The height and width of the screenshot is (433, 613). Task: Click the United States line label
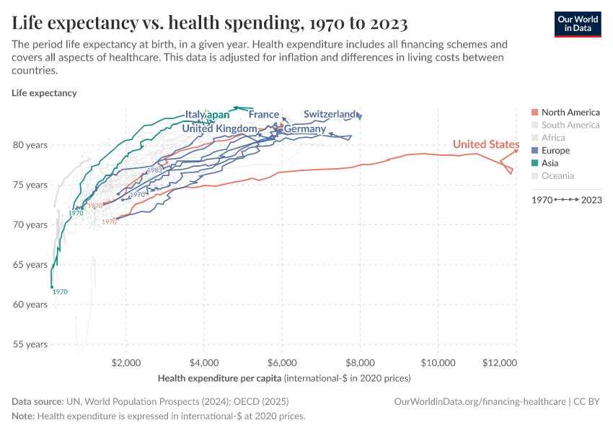point(485,145)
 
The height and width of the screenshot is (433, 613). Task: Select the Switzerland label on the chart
point(330,114)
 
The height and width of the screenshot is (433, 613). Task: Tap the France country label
point(264,115)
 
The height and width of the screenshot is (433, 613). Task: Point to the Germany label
point(305,129)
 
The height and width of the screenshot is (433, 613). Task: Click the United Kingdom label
point(219,128)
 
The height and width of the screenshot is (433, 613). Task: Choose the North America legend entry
point(570,113)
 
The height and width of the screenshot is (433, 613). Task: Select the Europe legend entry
point(555,151)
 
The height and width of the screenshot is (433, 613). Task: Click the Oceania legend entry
point(557,176)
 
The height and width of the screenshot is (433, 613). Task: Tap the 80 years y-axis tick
point(30,145)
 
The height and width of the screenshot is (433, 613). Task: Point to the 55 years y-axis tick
point(30,344)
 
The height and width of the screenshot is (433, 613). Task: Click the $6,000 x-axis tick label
point(282,362)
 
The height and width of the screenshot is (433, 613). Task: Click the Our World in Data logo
point(577,23)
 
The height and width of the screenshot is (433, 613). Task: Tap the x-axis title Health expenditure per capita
point(220,378)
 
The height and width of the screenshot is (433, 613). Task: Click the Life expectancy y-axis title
point(44,93)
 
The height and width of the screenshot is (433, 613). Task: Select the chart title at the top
point(210,23)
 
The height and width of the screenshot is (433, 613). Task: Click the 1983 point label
point(154,170)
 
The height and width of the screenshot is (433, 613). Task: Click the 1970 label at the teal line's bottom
point(60,292)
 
